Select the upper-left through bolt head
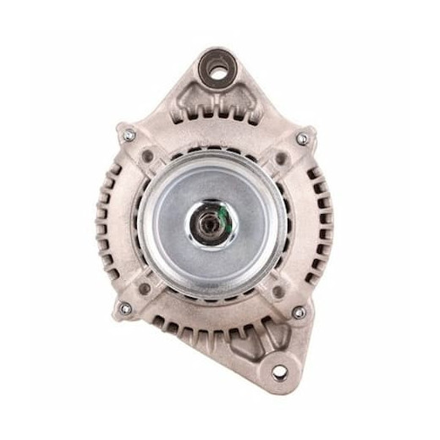pyautogui.click(x=129, y=133)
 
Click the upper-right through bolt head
pyautogui.click(x=301, y=138)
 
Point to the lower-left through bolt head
pyautogui.click(x=124, y=309)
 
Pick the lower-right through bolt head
pyautogui.click(x=298, y=312)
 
